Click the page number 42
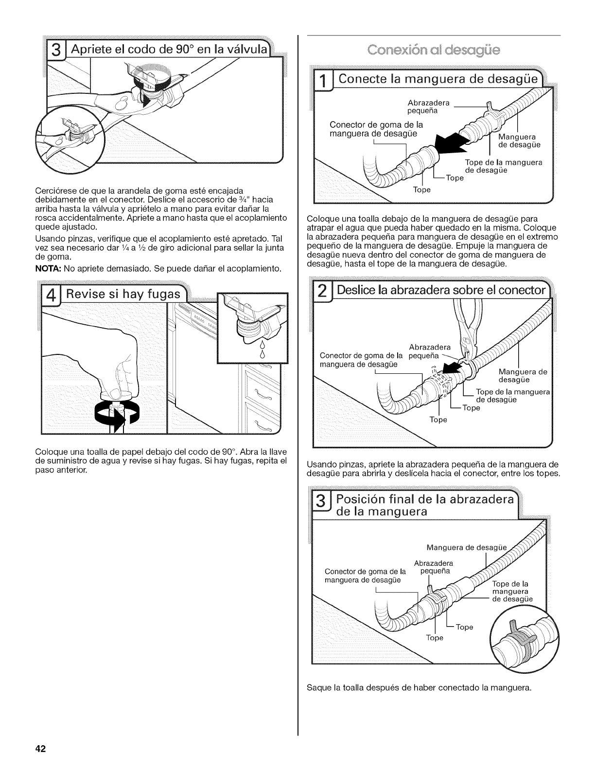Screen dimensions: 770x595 [40, 749]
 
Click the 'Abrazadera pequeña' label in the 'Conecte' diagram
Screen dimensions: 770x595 [425, 107]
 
